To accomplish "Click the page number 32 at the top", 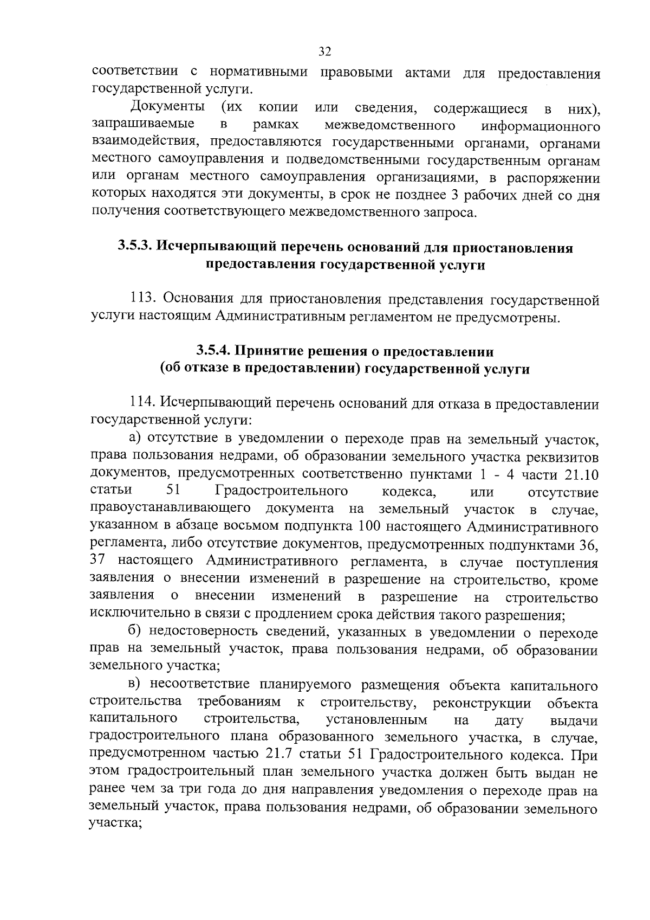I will [325, 52].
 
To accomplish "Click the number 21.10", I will [581, 475].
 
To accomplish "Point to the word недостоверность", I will [214, 633].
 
